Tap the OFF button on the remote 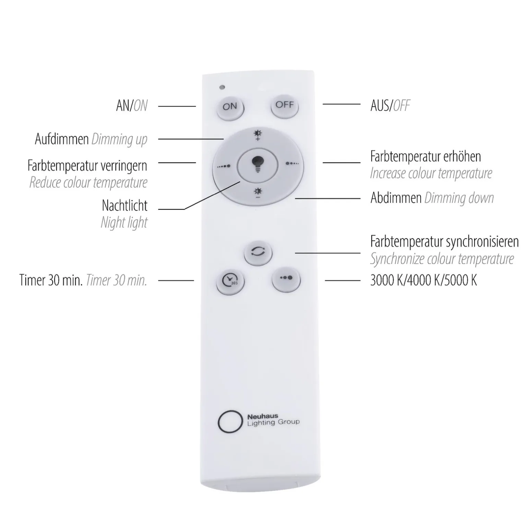285,106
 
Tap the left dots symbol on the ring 224,166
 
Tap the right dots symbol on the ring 292,164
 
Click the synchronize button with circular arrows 258,253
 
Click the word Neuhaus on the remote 263,417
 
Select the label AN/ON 132,106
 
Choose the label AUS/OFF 390,106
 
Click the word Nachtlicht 125,206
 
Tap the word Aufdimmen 62,139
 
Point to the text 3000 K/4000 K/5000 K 423,280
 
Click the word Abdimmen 396,198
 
